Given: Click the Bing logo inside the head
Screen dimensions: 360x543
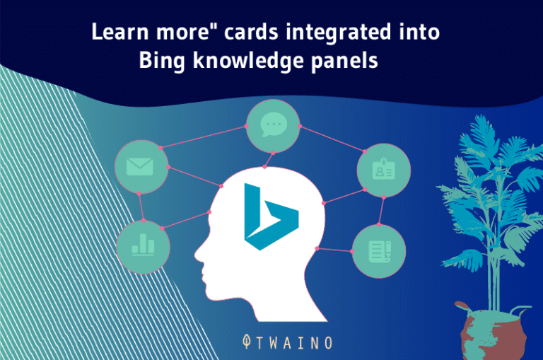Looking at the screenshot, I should tap(270, 216).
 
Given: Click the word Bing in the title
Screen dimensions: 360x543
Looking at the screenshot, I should tap(162, 61).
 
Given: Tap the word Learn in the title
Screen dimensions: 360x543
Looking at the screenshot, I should tap(117, 33).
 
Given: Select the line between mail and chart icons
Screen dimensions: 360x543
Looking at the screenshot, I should tap(141, 206).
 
